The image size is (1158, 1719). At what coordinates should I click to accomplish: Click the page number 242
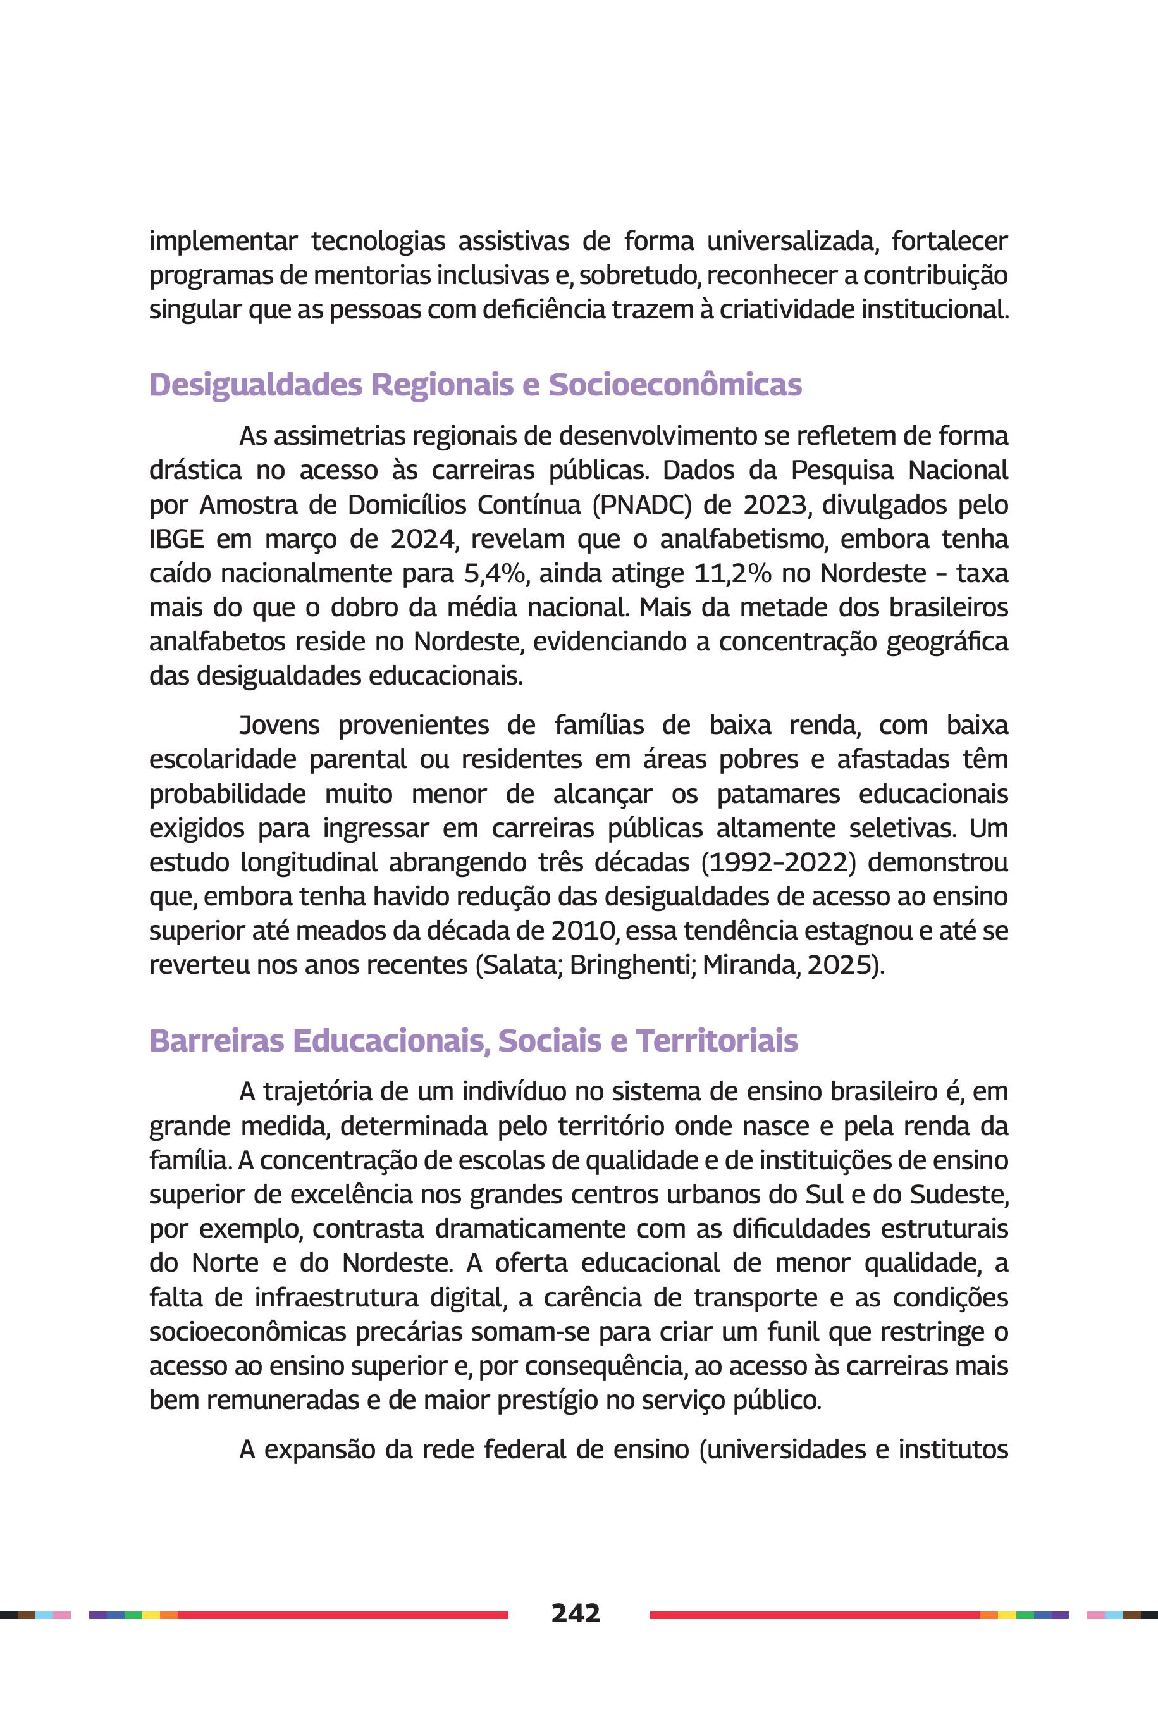576,1613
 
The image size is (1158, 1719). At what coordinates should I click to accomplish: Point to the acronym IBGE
176,538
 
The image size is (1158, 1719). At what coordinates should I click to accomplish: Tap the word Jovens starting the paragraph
279,726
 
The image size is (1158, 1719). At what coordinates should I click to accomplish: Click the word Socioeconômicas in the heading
674,385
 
